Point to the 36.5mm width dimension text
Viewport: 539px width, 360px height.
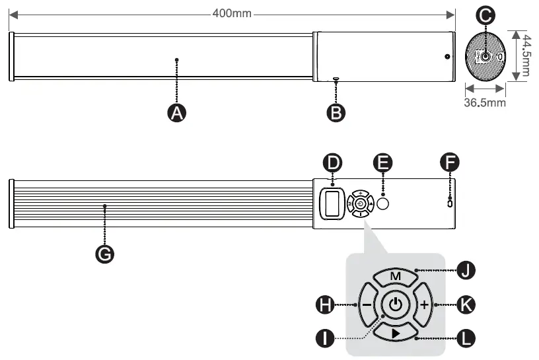coord(484,102)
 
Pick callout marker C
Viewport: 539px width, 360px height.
coord(486,15)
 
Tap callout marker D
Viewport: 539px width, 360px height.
coord(332,162)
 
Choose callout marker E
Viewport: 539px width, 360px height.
coord(382,162)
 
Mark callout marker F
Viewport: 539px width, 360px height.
coord(450,162)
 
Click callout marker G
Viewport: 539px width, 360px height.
coord(104,253)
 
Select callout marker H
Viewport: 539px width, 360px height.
coord(324,305)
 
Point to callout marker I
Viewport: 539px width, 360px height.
coord(324,339)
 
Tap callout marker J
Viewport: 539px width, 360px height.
coord(466,270)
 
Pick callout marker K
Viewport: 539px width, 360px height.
coord(466,305)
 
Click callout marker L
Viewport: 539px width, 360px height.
coord(466,339)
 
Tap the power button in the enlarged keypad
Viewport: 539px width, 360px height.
coord(395,305)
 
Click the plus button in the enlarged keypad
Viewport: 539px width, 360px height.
coord(423,305)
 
